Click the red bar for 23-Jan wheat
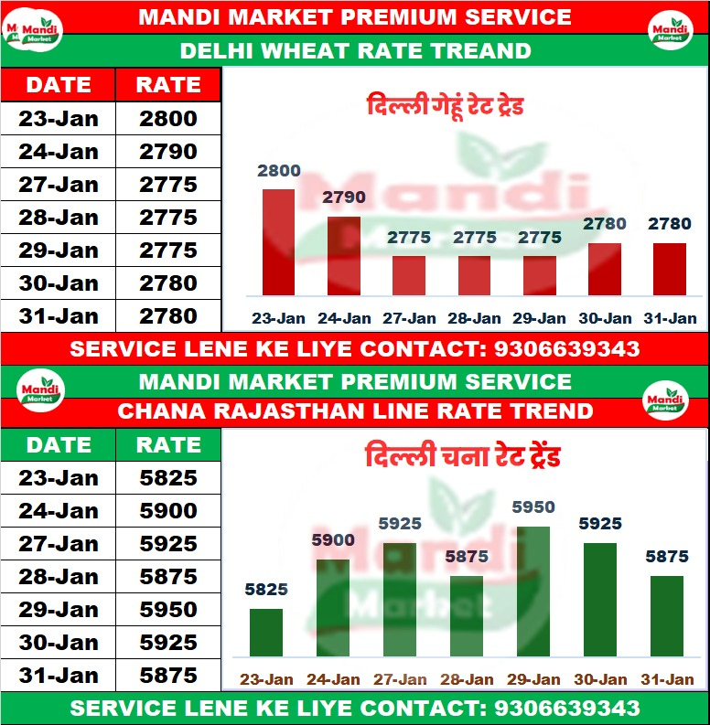(278, 242)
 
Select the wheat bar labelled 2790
(343, 255)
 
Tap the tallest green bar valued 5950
(533, 592)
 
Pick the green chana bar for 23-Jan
(266, 633)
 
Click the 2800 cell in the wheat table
(168, 119)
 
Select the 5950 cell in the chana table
(168, 610)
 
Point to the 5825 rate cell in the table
(168, 478)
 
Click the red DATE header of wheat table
(59, 85)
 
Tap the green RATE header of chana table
(168, 445)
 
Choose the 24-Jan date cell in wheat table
(59, 152)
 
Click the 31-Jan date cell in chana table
(59, 676)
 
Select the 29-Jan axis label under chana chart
(533, 679)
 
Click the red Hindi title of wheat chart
(445, 106)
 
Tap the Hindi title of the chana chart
(462, 456)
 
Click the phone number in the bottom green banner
(566, 709)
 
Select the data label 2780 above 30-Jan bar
(605, 224)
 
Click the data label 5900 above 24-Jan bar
(333, 540)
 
